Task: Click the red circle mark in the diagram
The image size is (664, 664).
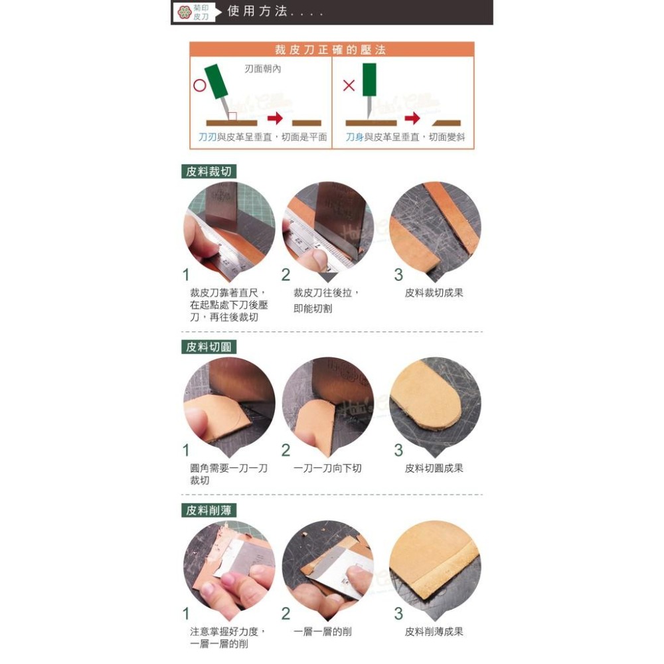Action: (x=200, y=86)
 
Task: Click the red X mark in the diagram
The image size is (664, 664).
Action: (x=349, y=86)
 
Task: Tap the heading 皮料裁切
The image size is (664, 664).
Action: (x=209, y=172)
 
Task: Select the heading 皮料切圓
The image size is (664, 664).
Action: (x=209, y=347)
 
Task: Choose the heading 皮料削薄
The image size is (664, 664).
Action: (x=209, y=510)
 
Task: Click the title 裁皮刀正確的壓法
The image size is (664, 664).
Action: (x=331, y=50)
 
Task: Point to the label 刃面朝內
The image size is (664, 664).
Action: (x=262, y=69)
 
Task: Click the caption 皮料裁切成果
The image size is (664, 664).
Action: (x=434, y=293)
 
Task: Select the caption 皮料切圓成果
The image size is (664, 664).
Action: (x=434, y=468)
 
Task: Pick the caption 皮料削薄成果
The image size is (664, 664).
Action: (x=434, y=631)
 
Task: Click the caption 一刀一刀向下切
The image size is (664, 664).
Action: (x=327, y=468)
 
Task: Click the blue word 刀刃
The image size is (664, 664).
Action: (x=207, y=137)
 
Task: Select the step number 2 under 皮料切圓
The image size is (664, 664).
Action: (x=286, y=450)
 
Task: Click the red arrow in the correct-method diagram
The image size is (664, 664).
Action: (x=274, y=119)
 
